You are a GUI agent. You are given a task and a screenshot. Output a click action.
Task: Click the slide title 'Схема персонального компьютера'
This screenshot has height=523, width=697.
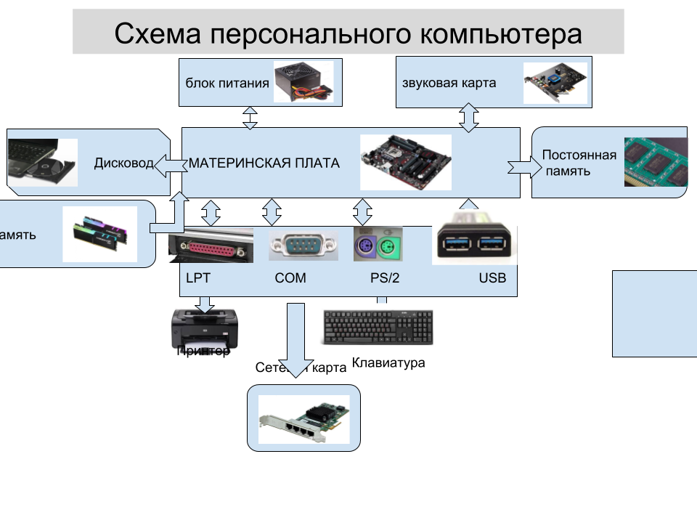pos(348,33)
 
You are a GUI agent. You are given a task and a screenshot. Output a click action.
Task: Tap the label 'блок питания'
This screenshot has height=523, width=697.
pos(227,83)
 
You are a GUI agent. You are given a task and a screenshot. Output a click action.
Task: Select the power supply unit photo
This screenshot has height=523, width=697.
pos(303,81)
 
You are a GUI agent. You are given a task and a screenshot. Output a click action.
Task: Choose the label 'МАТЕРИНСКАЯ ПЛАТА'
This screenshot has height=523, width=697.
pos(264,163)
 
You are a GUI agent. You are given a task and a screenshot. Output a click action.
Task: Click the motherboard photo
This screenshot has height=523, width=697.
pos(406,162)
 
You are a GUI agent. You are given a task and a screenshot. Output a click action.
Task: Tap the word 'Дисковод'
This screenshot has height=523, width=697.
pos(123,163)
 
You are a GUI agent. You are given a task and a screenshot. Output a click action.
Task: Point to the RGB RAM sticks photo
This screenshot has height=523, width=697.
pos(100,234)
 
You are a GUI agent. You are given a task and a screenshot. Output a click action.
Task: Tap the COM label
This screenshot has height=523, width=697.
pos(290,278)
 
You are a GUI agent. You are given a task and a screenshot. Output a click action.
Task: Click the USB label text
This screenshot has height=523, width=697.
pos(492,278)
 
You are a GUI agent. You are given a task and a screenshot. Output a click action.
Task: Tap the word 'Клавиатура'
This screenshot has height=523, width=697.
pos(388,362)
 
